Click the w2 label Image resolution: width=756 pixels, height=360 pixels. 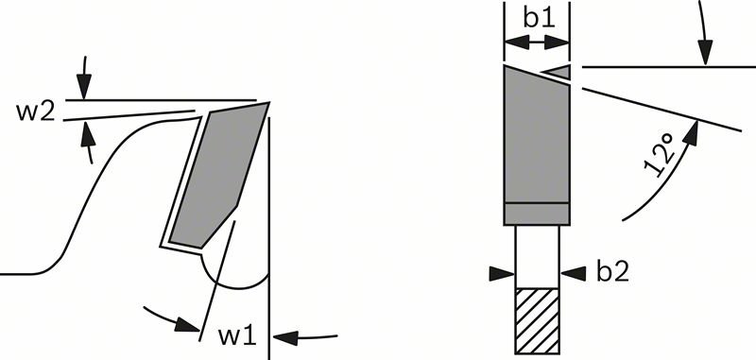(35, 111)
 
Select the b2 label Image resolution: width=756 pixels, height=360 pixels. (612, 272)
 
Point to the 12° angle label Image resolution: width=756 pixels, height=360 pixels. (659, 155)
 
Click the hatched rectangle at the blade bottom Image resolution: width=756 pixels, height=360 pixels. (537, 321)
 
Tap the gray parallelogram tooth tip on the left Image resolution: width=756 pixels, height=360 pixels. (219, 176)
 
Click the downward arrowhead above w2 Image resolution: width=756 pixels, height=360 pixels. (84, 87)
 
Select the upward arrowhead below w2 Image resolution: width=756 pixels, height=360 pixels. (87, 133)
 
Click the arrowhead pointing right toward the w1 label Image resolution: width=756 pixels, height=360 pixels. (187, 325)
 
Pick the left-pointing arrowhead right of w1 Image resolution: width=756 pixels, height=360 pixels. (285, 338)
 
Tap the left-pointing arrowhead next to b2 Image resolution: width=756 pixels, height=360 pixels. (574, 274)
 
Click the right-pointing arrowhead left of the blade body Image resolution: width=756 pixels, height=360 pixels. (502, 274)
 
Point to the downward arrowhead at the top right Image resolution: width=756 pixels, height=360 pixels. (705, 52)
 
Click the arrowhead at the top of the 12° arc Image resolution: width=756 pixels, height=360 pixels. (691, 132)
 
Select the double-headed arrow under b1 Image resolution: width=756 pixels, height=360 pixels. (537, 43)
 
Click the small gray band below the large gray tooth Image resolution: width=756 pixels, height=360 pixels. (537, 214)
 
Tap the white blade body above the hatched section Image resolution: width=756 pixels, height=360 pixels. (537, 257)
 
